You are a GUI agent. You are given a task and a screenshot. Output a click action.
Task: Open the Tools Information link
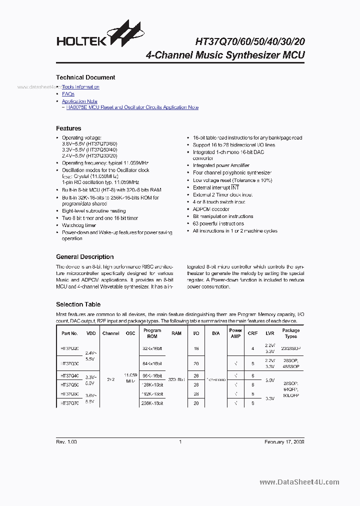click(x=80, y=86)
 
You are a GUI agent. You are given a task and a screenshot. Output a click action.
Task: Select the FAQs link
click(x=68, y=93)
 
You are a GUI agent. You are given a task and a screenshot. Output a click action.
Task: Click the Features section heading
click(x=68, y=128)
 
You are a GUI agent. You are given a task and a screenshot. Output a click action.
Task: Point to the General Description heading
click(x=84, y=257)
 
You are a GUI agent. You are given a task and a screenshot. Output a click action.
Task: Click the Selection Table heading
click(x=78, y=304)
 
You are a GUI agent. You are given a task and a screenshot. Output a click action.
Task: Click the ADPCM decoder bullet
click(x=211, y=209)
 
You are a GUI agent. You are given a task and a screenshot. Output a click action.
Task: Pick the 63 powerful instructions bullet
click(x=218, y=223)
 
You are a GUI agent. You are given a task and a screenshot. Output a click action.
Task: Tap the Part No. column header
click(x=69, y=333)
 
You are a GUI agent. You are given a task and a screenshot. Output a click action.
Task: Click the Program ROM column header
click(x=152, y=333)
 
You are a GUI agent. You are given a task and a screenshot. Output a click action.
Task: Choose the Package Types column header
click(x=290, y=333)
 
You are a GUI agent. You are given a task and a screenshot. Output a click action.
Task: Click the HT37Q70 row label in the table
click(x=69, y=403)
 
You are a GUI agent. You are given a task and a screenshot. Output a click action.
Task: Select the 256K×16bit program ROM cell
click(x=152, y=403)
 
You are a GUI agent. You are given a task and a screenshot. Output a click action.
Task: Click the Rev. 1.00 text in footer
click(x=66, y=441)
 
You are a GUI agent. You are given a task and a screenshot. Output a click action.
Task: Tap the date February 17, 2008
click(x=284, y=441)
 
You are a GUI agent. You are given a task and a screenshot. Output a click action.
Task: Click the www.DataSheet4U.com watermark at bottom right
click(x=299, y=482)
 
